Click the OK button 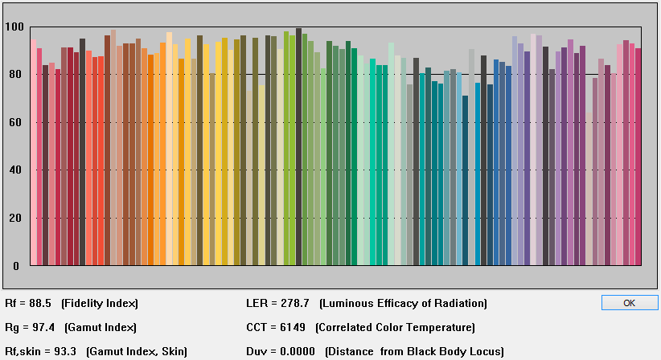[x=629, y=303]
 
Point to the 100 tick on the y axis [x=15, y=27]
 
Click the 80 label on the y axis [x=15, y=75]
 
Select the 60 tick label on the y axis [x=15, y=123]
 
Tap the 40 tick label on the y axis [x=15, y=170]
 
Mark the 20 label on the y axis [x=15, y=219]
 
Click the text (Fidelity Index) [x=100, y=304]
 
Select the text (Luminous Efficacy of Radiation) [x=403, y=304]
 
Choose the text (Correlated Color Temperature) [x=395, y=327]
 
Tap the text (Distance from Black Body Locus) [x=414, y=351]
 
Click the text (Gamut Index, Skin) [x=137, y=351]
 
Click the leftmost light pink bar [x=34, y=153]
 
